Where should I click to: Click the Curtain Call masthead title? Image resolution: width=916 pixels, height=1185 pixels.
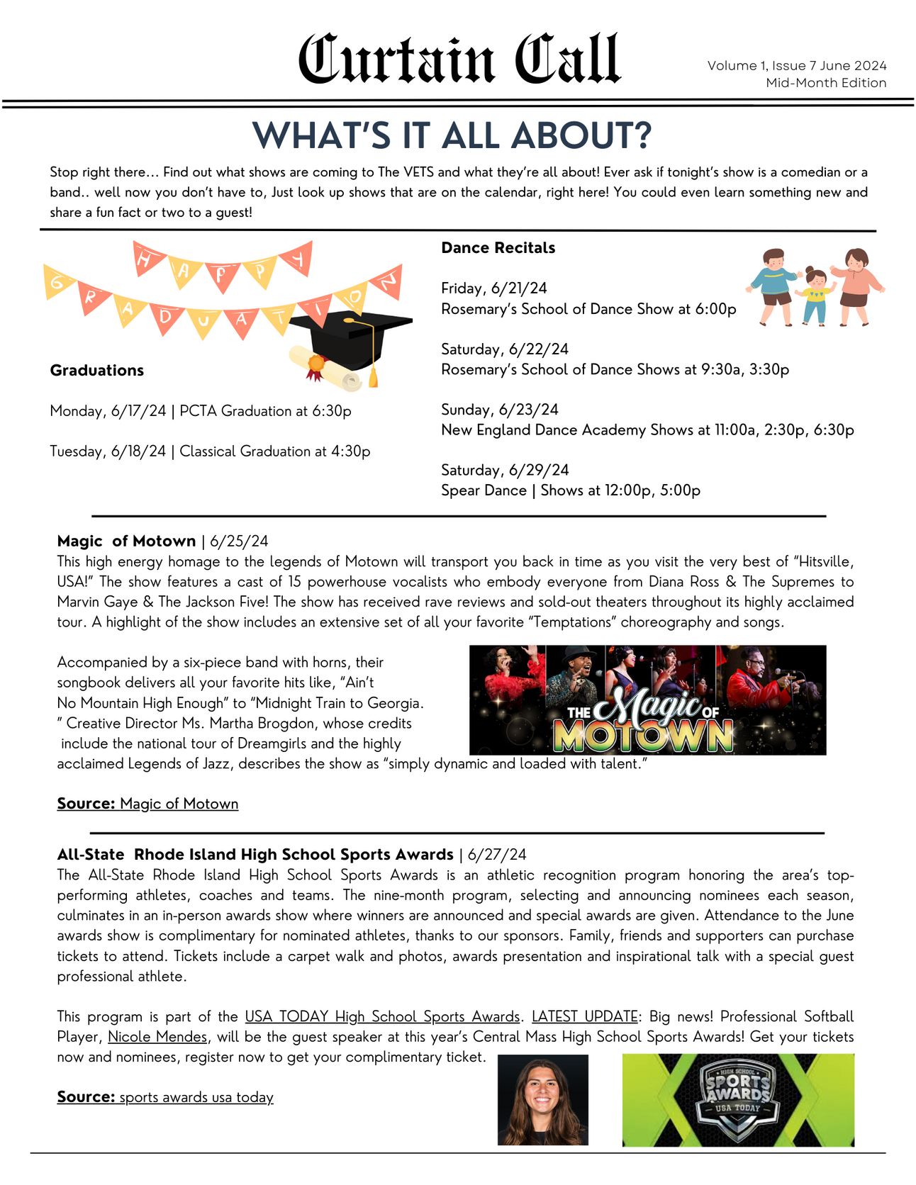click(459, 60)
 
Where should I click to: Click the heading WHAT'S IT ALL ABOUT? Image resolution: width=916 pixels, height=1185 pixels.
click(452, 135)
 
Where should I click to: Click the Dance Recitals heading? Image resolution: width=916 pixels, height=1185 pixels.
click(498, 248)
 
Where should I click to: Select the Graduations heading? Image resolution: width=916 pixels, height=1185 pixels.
click(96, 370)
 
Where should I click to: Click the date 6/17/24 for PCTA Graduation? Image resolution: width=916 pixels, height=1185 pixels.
click(138, 411)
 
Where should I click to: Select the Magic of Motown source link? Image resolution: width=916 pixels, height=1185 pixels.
click(179, 804)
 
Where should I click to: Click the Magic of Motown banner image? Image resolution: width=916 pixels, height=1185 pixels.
click(647, 700)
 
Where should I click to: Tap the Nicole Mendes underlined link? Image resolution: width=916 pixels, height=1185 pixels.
click(157, 1037)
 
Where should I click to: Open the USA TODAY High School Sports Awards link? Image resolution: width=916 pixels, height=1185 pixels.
click(382, 1016)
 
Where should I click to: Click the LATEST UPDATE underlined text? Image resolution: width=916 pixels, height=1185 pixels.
click(584, 1016)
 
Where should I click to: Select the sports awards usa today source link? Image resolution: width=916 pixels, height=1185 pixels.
click(196, 1097)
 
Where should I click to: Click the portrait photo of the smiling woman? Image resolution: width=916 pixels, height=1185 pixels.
click(542, 1099)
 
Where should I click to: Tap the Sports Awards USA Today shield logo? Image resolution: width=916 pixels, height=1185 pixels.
click(737, 1099)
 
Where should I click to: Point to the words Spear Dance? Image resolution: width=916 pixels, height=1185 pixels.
click(484, 490)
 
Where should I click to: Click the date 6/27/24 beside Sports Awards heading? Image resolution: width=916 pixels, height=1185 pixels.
click(497, 855)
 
